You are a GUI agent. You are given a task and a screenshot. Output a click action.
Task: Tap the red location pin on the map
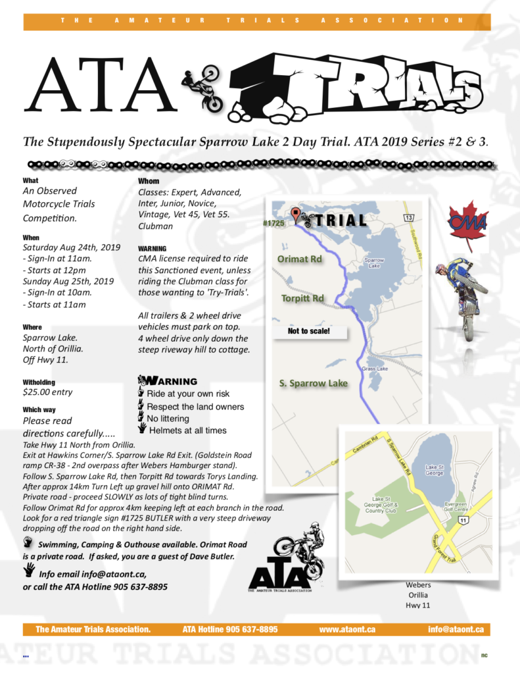tap(296, 214)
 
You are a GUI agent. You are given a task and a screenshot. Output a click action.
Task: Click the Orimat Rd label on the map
tap(299, 259)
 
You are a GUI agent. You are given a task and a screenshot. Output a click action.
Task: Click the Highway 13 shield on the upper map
tap(409, 217)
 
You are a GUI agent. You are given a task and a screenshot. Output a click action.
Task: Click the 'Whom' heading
tap(149, 181)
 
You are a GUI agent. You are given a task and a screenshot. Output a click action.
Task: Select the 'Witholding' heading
tap(39, 382)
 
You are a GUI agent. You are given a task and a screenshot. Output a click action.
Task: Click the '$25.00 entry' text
tap(47, 392)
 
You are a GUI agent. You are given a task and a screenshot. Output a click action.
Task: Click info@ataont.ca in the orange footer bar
tap(456, 629)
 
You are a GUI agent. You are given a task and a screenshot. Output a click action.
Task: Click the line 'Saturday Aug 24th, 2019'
tap(72, 248)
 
